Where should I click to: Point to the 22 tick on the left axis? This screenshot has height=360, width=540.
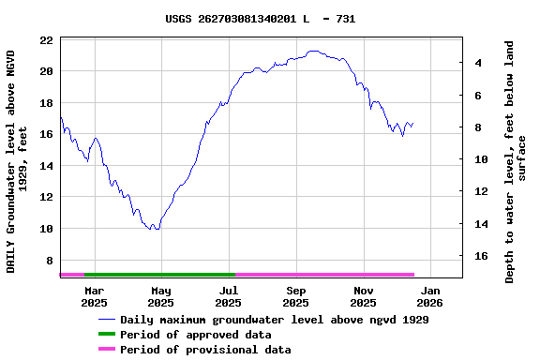46,40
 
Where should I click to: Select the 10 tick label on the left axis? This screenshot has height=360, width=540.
46,229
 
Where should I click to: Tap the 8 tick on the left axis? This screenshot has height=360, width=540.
49,261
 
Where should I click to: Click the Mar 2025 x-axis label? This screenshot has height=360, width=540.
94,296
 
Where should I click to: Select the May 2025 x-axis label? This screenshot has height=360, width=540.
161,296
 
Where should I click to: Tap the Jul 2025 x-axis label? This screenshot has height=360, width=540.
228,296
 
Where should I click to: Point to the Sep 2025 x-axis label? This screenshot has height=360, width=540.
295,296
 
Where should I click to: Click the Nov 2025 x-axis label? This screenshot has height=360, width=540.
363,296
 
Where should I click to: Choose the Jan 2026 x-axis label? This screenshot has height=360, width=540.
429,296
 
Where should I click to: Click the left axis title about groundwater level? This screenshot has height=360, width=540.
17,161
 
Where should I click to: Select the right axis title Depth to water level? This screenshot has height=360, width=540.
516,161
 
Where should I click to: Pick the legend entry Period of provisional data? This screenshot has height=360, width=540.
204,350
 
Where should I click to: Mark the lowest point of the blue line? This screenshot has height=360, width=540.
157,230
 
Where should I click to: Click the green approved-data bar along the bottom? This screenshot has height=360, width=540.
159,275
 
